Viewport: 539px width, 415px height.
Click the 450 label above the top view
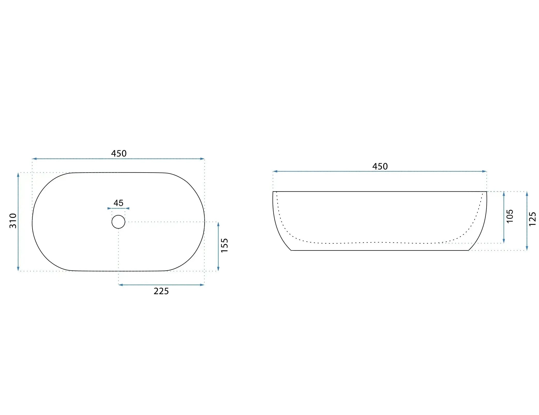click(x=119, y=153)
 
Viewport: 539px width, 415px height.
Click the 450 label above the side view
click(x=380, y=166)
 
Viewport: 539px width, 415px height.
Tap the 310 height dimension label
click(x=13, y=221)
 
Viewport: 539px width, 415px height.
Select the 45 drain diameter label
click(x=118, y=203)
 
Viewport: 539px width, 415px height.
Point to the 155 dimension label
click(x=224, y=245)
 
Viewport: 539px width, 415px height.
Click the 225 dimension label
click(x=161, y=291)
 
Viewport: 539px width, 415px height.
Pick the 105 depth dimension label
click(x=510, y=216)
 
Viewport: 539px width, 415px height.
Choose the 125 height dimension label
click(x=533, y=219)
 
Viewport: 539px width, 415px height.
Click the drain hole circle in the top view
click(x=118, y=215)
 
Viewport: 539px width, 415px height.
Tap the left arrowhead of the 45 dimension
click(x=109, y=208)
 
